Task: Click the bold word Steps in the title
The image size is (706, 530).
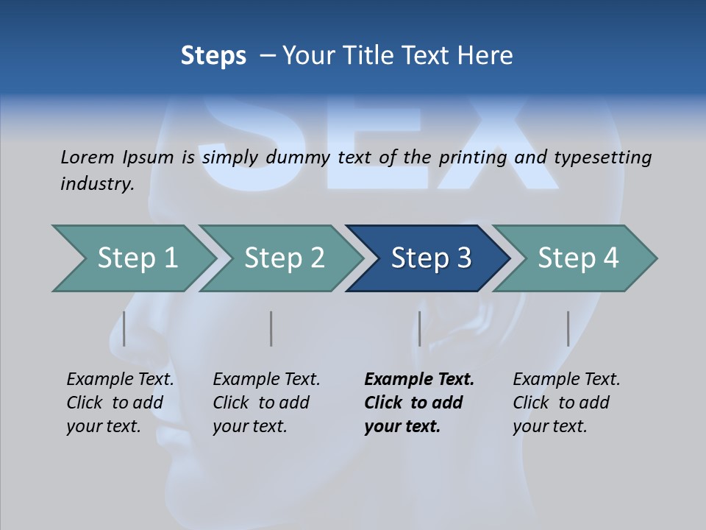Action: pyautogui.click(x=213, y=56)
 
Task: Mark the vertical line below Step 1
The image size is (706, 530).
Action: pyautogui.click(x=124, y=328)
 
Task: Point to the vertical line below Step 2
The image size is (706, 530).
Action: pyautogui.click(x=271, y=328)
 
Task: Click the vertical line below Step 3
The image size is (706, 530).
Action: pyautogui.click(x=419, y=328)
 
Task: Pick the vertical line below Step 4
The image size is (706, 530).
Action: pyautogui.click(x=568, y=328)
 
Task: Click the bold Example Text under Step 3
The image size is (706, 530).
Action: pyautogui.click(x=419, y=380)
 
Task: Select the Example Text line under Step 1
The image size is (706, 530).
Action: pyautogui.click(x=121, y=380)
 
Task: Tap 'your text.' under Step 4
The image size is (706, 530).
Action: pyautogui.click(x=549, y=426)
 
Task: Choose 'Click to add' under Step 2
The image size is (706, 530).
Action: pyautogui.click(x=261, y=403)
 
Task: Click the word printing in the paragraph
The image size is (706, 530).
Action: pyautogui.click(x=473, y=157)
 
